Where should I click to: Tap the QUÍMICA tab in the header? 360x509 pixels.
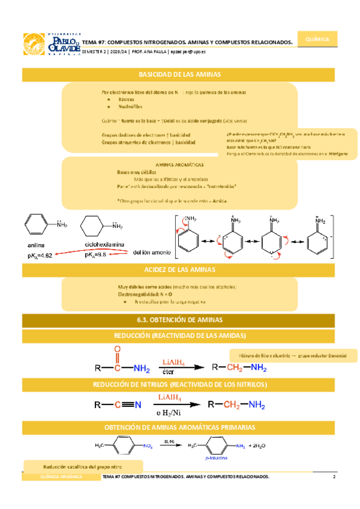[x=317, y=39]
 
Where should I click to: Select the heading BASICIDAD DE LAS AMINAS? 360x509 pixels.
[x=180, y=75]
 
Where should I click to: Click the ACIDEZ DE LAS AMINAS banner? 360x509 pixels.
[x=180, y=270]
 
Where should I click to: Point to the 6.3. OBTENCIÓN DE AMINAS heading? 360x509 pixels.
[x=180, y=319]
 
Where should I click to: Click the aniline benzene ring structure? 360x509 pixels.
[x=37, y=226]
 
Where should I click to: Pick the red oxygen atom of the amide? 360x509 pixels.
[x=117, y=350]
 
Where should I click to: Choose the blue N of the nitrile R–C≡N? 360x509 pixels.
[x=138, y=405]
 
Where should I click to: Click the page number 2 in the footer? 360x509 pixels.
[x=333, y=477]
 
